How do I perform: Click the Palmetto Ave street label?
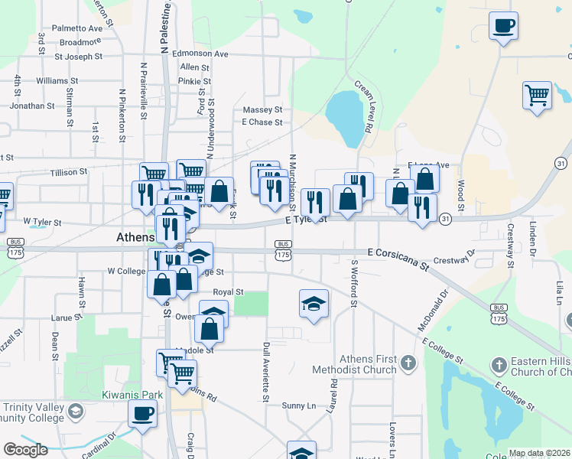point(76,28)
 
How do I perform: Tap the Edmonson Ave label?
point(200,54)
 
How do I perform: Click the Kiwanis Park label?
point(122,396)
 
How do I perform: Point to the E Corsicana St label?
point(398,257)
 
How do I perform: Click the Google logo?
point(25,450)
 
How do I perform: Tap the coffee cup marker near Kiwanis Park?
point(141,415)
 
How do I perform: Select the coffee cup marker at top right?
point(503,27)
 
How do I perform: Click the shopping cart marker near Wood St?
point(537,96)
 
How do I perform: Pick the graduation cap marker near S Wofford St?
point(314,305)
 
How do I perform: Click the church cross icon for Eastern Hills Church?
point(499,364)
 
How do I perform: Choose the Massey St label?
point(262,110)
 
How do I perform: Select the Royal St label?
point(228,292)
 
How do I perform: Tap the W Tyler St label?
point(42,222)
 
